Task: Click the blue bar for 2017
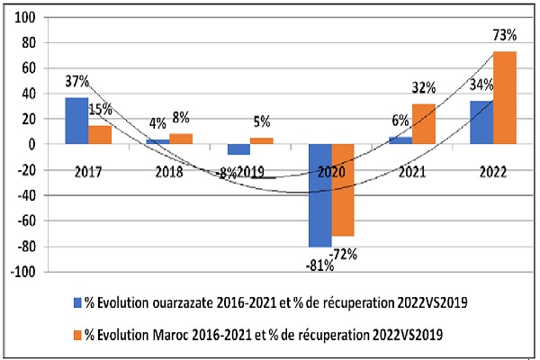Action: pos(76,121)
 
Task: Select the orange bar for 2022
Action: pos(505,98)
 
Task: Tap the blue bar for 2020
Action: pos(319,195)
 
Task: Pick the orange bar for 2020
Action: pos(343,190)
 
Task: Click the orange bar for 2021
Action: pos(424,124)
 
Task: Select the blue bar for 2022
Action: pos(481,122)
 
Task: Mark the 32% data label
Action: pos(424,88)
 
